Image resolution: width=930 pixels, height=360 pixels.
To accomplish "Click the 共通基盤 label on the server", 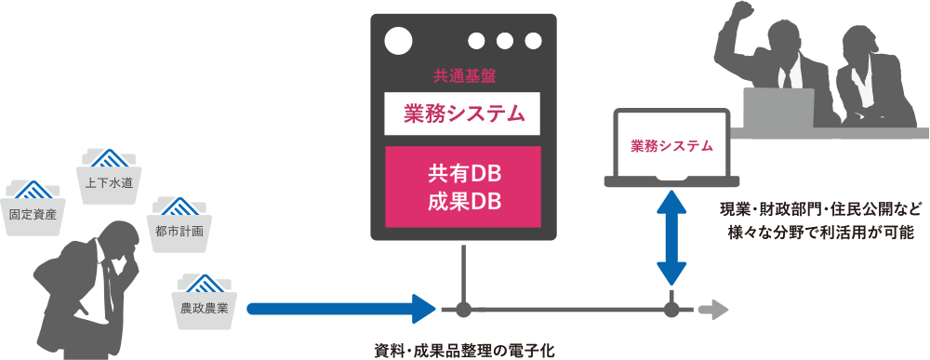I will pyautogui.click(x=462, y=75).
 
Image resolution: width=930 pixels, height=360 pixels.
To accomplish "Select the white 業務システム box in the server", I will pyautogui.click(x=462, y=114).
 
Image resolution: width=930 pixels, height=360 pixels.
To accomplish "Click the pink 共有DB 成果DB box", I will pyautogui.click(x=462, y=186).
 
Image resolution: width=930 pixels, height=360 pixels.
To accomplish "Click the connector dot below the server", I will pyautogui.click(x=462, y=308).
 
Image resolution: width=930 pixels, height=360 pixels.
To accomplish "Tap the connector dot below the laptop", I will pyautogui.click(x=671, y=308).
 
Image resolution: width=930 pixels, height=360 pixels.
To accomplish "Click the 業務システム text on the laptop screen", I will pyautogui.click(x=671, y=146).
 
